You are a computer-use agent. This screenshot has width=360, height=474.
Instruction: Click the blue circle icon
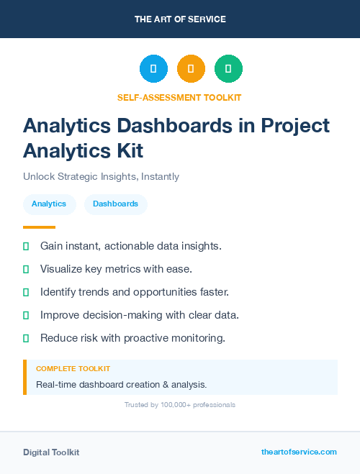pyautogui.click(x=153, y=68)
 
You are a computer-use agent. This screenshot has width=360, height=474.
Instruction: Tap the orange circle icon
pyautogui.click(x=191, y=68)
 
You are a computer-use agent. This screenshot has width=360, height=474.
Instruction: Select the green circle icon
pyautogui.click(x=228, y=68)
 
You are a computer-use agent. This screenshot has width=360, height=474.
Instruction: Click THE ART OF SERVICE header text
pyautogui.click(x=180, y=19)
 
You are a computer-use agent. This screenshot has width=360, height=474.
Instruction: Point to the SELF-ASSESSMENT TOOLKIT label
pyautogui.click(x=179, y=97)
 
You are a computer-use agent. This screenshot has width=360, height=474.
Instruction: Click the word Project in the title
pyautogui.click(x=293, y=126)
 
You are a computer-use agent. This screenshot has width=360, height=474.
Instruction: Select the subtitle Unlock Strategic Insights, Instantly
pyautogui.click(x=101, y=176)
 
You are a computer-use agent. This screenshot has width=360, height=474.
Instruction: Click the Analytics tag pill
pyautogui.click(x=49, y=204)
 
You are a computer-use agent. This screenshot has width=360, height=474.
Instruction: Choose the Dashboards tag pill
pyautogui.click(x=115, y=204)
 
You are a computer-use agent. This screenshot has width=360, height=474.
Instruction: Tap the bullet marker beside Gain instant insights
pyautogui.click(x=26, y=246)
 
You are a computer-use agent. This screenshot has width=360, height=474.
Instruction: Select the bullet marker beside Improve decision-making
pyautogui.click(x=26, y=315)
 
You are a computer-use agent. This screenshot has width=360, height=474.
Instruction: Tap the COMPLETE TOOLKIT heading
pyautogui.click(x=73, y=368)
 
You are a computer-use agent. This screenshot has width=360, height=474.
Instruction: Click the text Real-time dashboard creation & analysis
pyautogui.click(x=121, y=384)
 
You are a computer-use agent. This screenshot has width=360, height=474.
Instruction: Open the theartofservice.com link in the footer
pyautogui.click(x=299, y=452)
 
